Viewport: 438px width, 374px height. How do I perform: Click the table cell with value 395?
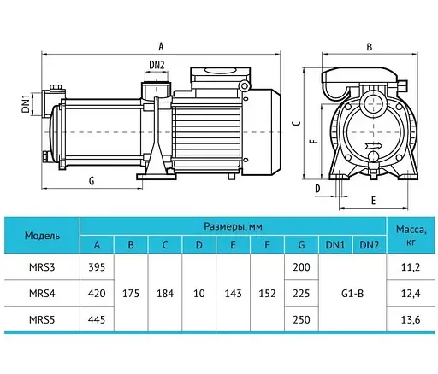pyautogui.click(x=97, y=267)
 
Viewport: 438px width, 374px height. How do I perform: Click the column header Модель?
pyautogui.click(x=42, y=235)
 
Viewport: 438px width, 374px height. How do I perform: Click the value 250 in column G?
pyautogui.click(x=300, y=322)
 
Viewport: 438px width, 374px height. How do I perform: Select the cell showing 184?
pyautogui.click(x=164, y=295)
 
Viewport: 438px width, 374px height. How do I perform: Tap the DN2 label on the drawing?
pyautogui.click(x=156, y=65)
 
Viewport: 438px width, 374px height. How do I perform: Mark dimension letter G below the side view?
pyautogui.click(x=91, y=181)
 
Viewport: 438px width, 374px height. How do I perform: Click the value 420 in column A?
pyautogui.click(x=97, y=295)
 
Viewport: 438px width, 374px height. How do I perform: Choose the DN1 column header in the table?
pyautogui.click(x=334, y=245)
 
